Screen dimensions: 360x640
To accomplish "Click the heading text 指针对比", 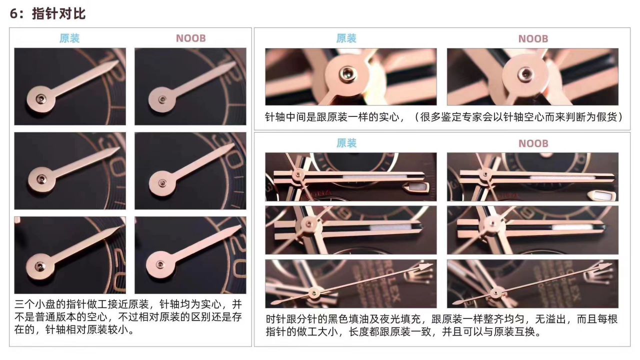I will pos(59,14).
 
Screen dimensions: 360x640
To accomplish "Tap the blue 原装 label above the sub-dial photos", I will pos(69,38).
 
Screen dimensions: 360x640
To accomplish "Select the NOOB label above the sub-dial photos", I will pos(190,38).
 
